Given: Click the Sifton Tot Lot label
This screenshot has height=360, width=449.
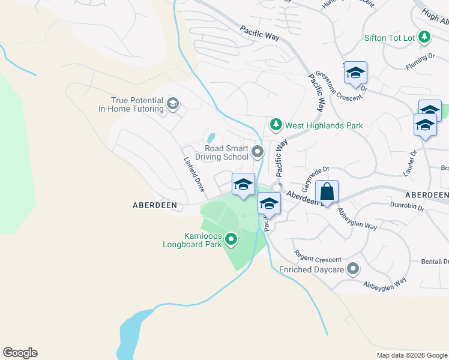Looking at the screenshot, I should pyautogui.click(x=390, y=38).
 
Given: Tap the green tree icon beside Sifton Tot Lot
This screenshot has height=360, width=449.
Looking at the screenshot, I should pyautogui.click(x=425, y=37).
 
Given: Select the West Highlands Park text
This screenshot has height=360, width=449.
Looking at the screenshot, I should pyautogui.click(x=324, y=125).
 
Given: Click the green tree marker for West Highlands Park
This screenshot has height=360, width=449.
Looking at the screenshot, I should pyautogui.click(x=276, y=125).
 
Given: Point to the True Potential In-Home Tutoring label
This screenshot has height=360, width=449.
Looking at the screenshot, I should pyautogui.click(x=131, y=105).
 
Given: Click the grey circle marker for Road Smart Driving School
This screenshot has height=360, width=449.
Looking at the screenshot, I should pyautogui.click(x=258, y=152).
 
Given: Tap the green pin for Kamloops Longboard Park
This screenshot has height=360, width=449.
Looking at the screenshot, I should pyautogui.click(x=231, y=241).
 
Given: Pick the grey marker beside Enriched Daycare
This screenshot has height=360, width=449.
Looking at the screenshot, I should pyautogui.click(x=354, y=269).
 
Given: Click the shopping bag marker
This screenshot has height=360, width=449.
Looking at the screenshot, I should pyautogui.click(x=327, y=193).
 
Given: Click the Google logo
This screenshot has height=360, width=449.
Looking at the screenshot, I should pyautogui.click(x=20, y=353).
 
